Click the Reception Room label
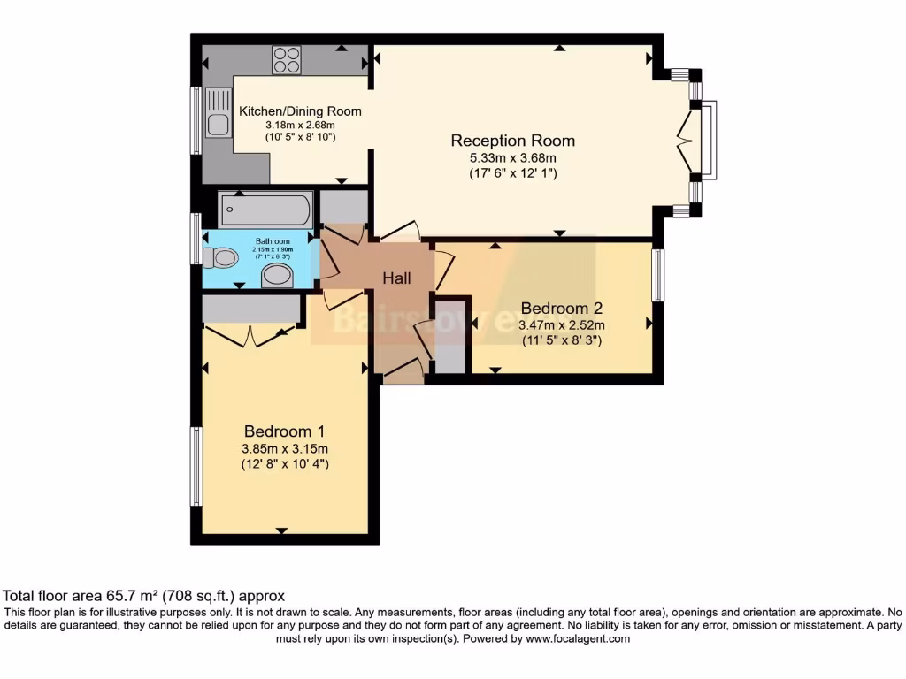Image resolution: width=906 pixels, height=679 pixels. point(512,141)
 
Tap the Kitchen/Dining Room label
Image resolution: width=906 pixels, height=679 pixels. point(300,111)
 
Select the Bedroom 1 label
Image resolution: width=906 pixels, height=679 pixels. point(285,431)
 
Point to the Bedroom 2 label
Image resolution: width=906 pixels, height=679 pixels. point(561,309)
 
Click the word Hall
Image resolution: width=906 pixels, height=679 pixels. point(396,278)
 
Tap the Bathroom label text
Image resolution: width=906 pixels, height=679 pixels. point(273,241)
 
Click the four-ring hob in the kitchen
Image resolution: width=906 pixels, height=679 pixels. point(286,59)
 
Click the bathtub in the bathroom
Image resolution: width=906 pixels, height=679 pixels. point(265,210)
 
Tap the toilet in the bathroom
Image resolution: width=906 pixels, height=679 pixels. point(221,257)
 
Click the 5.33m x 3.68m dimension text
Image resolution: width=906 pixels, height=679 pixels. point(512,158)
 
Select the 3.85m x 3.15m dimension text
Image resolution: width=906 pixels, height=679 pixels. point(285,448)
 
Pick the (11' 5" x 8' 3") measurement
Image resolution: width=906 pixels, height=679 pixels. point(561,339)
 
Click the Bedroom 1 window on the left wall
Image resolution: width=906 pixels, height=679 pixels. point(196,466)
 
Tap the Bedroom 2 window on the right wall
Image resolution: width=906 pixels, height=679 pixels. point(658,275)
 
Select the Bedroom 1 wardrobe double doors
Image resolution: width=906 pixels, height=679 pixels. point(250,334)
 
